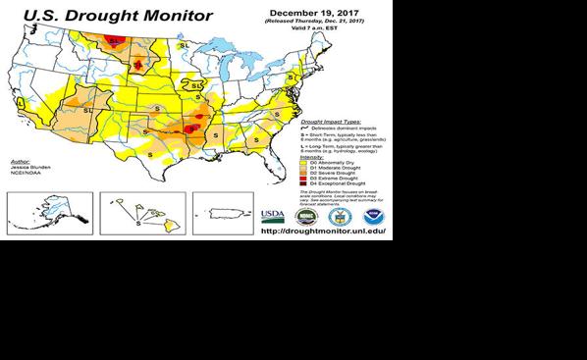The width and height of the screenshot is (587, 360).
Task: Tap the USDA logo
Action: point(272,216)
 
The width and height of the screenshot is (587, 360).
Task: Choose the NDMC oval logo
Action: point(305,216)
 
